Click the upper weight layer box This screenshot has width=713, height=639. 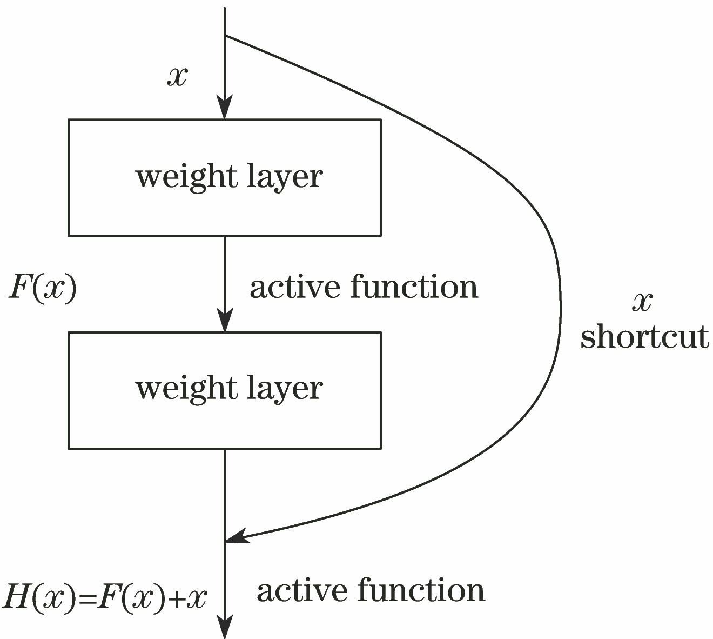coord(224,177)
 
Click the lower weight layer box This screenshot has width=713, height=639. coord(224,390)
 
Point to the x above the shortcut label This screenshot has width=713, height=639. coord(642,302)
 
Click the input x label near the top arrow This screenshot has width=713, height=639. coord(177,77)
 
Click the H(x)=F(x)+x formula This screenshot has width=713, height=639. coord(105,598)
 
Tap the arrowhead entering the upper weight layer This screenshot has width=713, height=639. coord(224,108)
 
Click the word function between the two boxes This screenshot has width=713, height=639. coord(414,287)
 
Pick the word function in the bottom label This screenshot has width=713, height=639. coord(421,590)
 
